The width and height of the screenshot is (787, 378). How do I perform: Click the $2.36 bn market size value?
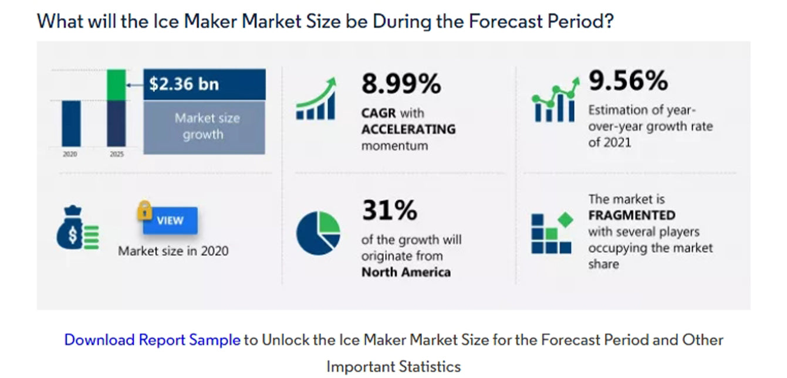click(x=184, y=84)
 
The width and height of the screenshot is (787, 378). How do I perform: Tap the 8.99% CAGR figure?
click(x=401, y=84)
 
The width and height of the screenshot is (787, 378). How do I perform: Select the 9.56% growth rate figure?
click(x=628, y=80)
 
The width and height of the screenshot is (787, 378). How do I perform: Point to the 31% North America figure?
click(x=389, y=210)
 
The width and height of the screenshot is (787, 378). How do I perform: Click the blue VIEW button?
click(x=170, y=221)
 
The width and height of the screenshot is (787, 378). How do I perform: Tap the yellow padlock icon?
click(x=144, y=210)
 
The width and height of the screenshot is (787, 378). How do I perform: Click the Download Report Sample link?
click(x=152, y=340)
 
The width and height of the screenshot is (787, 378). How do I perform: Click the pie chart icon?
click(x=317, y=233)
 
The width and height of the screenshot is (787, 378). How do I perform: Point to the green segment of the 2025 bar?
click(x=116, y=84)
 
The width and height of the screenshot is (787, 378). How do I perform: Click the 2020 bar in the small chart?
click(x=72, y=122)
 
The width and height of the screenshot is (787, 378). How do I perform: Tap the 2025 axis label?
click(x=116, y=155)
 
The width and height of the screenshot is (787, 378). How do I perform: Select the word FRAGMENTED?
click(x=631, y=215)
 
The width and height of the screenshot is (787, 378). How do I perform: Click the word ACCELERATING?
click(x=408, y=129)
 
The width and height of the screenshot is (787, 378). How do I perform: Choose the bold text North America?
click(x=406, y=272)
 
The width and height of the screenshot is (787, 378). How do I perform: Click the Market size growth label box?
click(x=204, y=127)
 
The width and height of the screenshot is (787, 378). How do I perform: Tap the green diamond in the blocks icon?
click(x=565, y=220)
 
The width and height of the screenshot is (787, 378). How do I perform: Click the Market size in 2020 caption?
click(x=173, y=251)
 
